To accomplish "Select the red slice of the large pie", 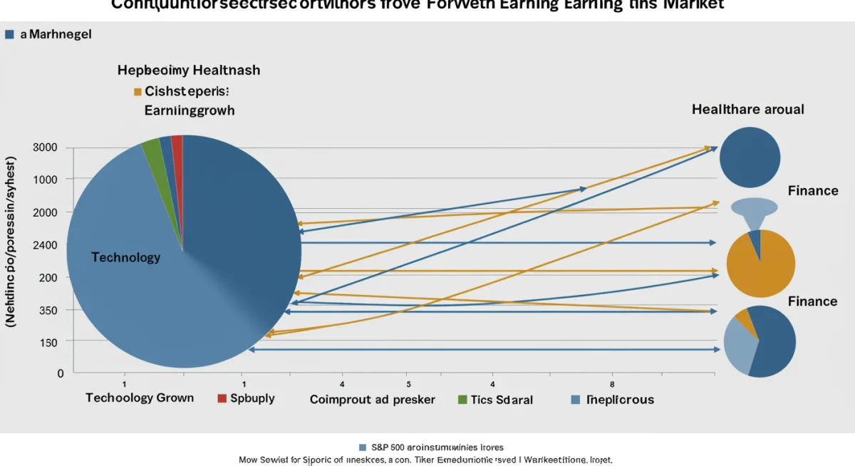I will tap(177, 143).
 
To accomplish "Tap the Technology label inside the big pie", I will tap(126, 257).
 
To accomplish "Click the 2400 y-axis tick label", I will tap(46, 244).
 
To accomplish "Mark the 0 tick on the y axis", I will tap(61, 373).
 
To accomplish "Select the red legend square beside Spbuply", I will tap(222, 398).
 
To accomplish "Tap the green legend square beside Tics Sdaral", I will tap(462, 400).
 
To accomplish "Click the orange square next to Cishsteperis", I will tap(138, 92).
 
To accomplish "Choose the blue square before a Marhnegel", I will tap(9, 34).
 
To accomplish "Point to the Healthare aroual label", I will tap(747, 110).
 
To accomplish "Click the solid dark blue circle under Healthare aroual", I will tap(750, 157).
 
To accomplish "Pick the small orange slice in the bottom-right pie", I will tap(743, 316).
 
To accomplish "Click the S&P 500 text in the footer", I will tap(388, 447).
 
